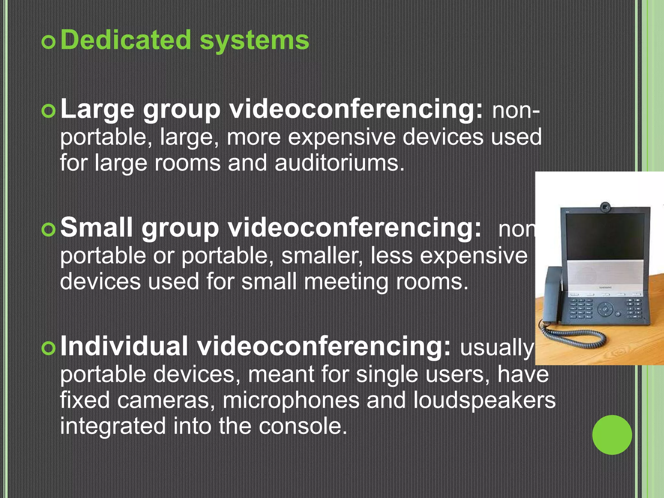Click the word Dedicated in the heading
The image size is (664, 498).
click(x=126, y=40)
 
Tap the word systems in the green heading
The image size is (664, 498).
click(x=254, y=41)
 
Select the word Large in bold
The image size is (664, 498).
click(x=97, y=110)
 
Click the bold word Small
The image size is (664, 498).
click(x=96, y=228)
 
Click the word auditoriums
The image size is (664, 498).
click(x=339, y=162)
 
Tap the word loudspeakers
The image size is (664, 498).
click(x=484, y=401)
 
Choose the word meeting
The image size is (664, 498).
click(x=346, y=281)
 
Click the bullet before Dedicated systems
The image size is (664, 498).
click(x=49, y=42)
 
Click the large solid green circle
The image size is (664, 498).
click(x=612, y=435)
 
